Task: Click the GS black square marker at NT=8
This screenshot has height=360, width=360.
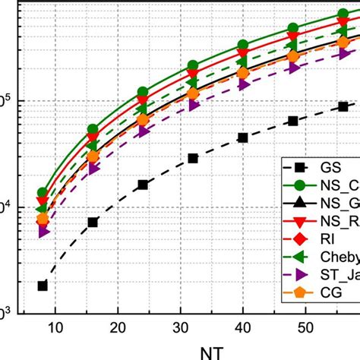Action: (x=43, y=286)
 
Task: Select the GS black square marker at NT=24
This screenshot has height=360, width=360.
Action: (x=143, y=185)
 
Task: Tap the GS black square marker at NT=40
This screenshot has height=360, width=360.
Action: (x=243, y=137)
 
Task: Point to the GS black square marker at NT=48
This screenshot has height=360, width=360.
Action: (x=293, y=121)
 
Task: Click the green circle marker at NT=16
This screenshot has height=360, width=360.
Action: (x=93, y=130)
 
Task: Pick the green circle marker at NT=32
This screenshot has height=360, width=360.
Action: (x=193, y=65)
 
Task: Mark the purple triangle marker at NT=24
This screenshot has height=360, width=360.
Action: (x=144, y=131)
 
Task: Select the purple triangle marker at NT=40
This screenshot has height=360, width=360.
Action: (x=244, y=84)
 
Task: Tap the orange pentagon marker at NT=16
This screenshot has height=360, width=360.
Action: (x=93, y=157)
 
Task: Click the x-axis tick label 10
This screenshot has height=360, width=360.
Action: (x=55, y=327)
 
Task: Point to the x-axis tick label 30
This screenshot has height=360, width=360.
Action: (x=180, y=327)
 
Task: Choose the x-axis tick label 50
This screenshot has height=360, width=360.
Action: (x=305, y=327)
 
